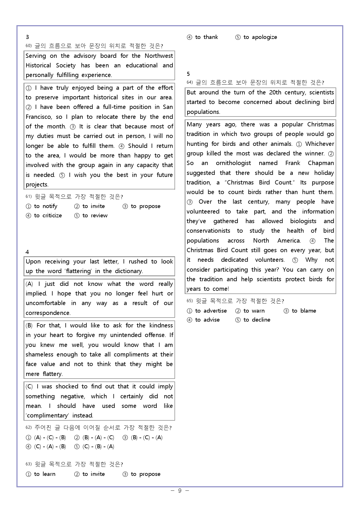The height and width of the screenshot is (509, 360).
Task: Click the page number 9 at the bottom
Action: tap(180, 491)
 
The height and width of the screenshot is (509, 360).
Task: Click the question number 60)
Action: tap(28, 46)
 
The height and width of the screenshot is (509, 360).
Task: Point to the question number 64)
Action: tap(190, 83)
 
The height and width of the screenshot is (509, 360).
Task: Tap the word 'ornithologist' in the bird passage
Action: tap(233, 163)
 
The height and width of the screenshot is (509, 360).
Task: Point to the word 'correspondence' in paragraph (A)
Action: tap(48, 313)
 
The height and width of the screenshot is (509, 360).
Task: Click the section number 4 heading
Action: tap(27, 252)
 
